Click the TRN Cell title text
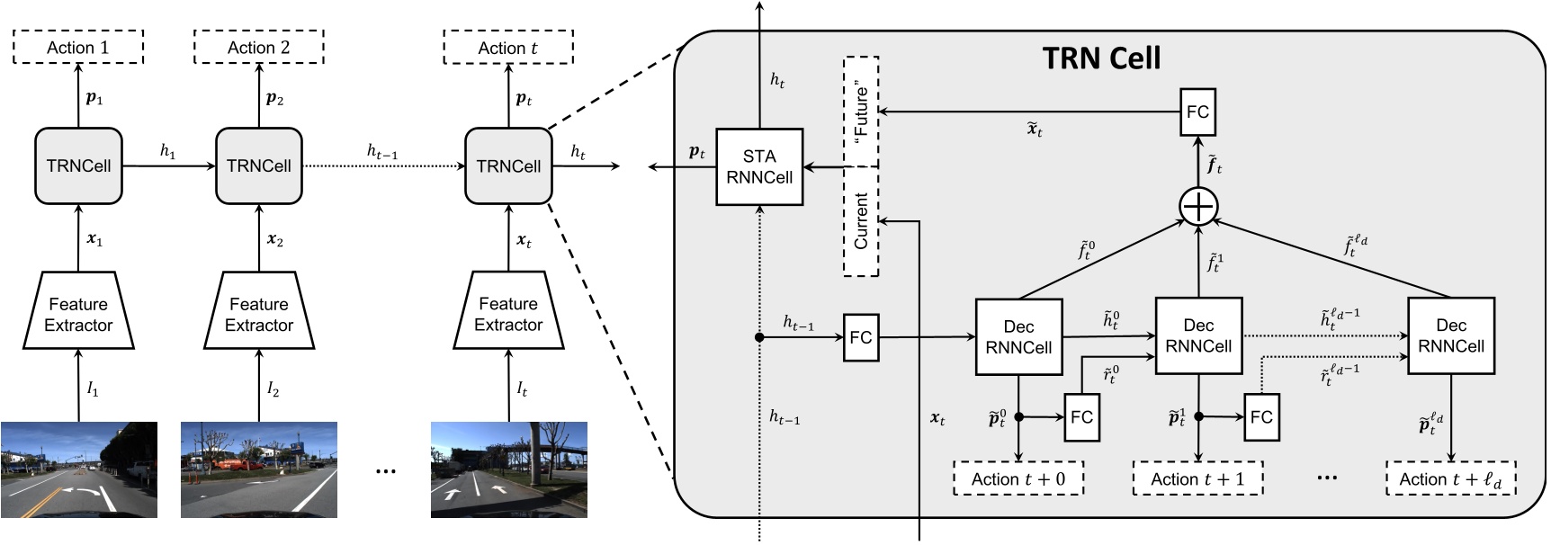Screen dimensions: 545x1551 (1101, 58)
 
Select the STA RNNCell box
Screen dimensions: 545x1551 (759, 167)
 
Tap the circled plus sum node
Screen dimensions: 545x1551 (1197, 207)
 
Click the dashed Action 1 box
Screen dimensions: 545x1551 (78, 48)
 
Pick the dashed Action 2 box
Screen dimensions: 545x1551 (258, 48)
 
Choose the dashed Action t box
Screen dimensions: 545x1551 (507, 48)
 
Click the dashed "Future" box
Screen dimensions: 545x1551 (861, 112)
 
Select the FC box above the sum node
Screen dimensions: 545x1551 (1197, 112)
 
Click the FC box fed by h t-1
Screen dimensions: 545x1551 (860, 337)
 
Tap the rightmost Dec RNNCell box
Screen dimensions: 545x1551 (1450, 336)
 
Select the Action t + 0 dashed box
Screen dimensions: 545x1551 (1018, 479)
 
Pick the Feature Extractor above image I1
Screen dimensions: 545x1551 (78, 313)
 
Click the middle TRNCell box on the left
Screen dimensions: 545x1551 (258, 166)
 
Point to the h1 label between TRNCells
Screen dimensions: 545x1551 (167, 151)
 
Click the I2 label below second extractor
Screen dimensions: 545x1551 (273, 389)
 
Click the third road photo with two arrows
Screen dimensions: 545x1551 (508, 469)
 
